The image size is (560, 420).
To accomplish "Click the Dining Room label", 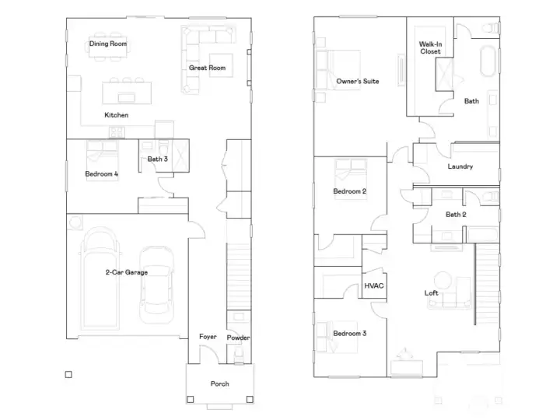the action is point(108,44).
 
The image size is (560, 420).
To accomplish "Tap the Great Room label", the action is point(207,68).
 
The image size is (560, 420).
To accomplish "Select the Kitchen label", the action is point(116,115).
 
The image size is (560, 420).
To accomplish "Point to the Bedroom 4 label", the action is point(101,174).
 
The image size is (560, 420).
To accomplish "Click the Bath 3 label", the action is point(157,159).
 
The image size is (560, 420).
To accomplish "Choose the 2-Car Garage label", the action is point(127,272).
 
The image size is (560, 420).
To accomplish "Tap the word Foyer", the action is point(208,337).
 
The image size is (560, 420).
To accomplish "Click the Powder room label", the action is point(238,338).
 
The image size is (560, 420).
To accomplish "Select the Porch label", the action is point(219,383).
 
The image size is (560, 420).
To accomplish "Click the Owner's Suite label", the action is point(358,81).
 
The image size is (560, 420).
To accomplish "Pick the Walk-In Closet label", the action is point(430,48).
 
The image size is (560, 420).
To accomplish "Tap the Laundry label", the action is point(460,166).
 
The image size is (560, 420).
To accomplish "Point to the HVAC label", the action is point(374,285).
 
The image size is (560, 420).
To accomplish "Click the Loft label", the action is point(431,293).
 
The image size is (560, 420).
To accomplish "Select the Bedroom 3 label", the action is point(350,333).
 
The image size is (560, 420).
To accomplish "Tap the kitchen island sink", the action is point(127,97).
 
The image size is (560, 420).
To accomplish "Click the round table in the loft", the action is point(443,281).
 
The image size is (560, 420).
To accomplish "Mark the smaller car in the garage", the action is point(156,285).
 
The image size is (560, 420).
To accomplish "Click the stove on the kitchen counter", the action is point(117,132).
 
